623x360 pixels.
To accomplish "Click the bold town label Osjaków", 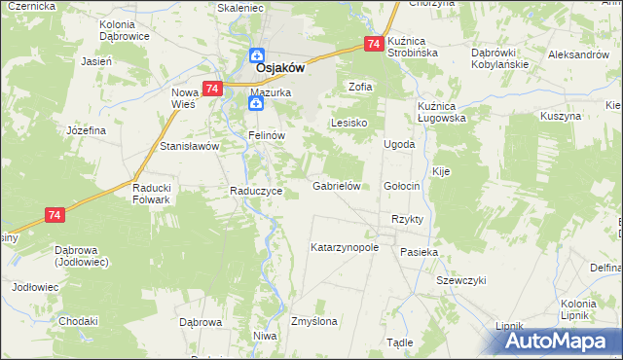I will (281, 70).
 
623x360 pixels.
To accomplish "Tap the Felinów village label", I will (265, 135).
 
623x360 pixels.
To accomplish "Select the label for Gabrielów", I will (337, 186).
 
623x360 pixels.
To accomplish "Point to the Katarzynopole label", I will (344, 248).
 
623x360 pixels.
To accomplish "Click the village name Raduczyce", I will (256, 192).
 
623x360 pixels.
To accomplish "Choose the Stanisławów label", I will (190, 146).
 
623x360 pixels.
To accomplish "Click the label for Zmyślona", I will (313, 321).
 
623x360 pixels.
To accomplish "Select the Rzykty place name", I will (407, 219).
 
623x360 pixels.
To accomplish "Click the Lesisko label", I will (348, 124).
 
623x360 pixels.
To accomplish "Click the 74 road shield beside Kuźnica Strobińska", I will (374, 44).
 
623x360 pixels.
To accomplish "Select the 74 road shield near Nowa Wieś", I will (211, 88).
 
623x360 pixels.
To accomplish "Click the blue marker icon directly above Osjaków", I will (256, 55).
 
